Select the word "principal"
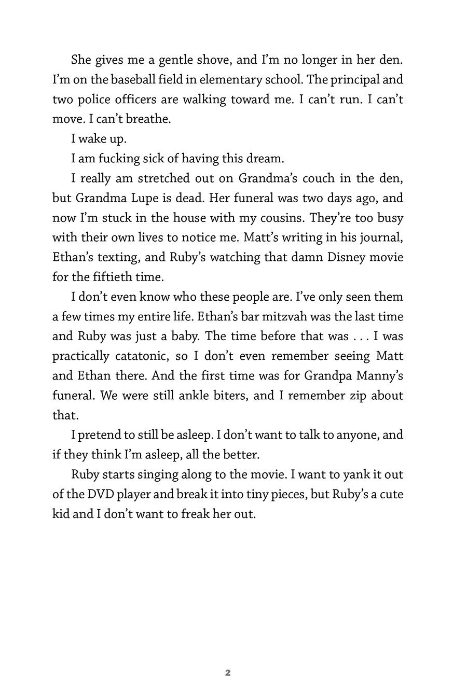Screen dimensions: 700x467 click(x=354, y=79)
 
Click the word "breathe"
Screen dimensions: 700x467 click(x=147, y=119)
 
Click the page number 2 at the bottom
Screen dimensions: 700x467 click(x=228, y=673)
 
